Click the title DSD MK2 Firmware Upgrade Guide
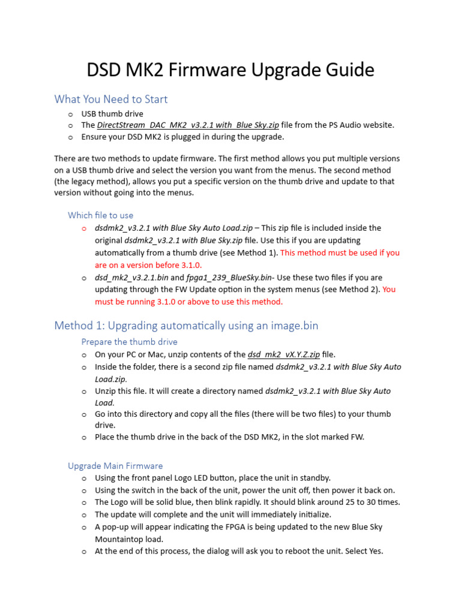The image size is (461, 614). [x=230, y=70]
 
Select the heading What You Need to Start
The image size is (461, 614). [x=111, y=99]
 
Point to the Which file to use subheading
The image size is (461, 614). [x=101, y=215]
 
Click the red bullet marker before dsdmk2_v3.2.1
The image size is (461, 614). [x=84, y=228]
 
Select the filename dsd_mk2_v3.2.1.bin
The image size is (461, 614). [x=131, y=278]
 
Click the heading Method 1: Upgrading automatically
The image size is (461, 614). [x=186, y=326]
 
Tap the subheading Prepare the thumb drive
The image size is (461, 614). [x=130, y=342]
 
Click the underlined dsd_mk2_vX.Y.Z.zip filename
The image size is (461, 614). [x=284, y=354]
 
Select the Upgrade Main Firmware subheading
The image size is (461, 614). [x=115, y=466]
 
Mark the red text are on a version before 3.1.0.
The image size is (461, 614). [x=148, y=265]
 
